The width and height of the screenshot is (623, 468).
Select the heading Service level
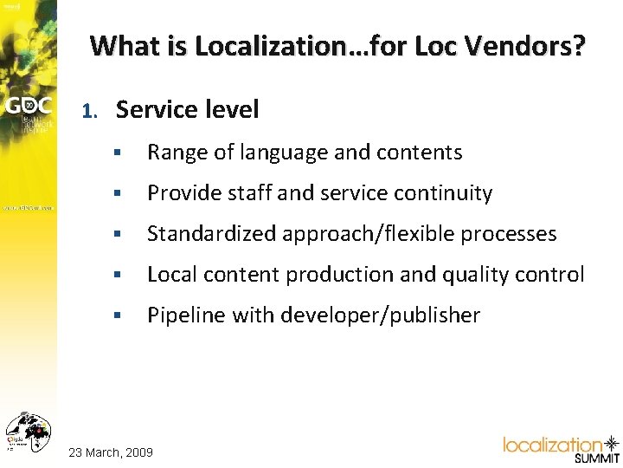188,109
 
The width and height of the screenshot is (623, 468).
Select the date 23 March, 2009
111,452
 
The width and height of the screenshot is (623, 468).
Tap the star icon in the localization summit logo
611,443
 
